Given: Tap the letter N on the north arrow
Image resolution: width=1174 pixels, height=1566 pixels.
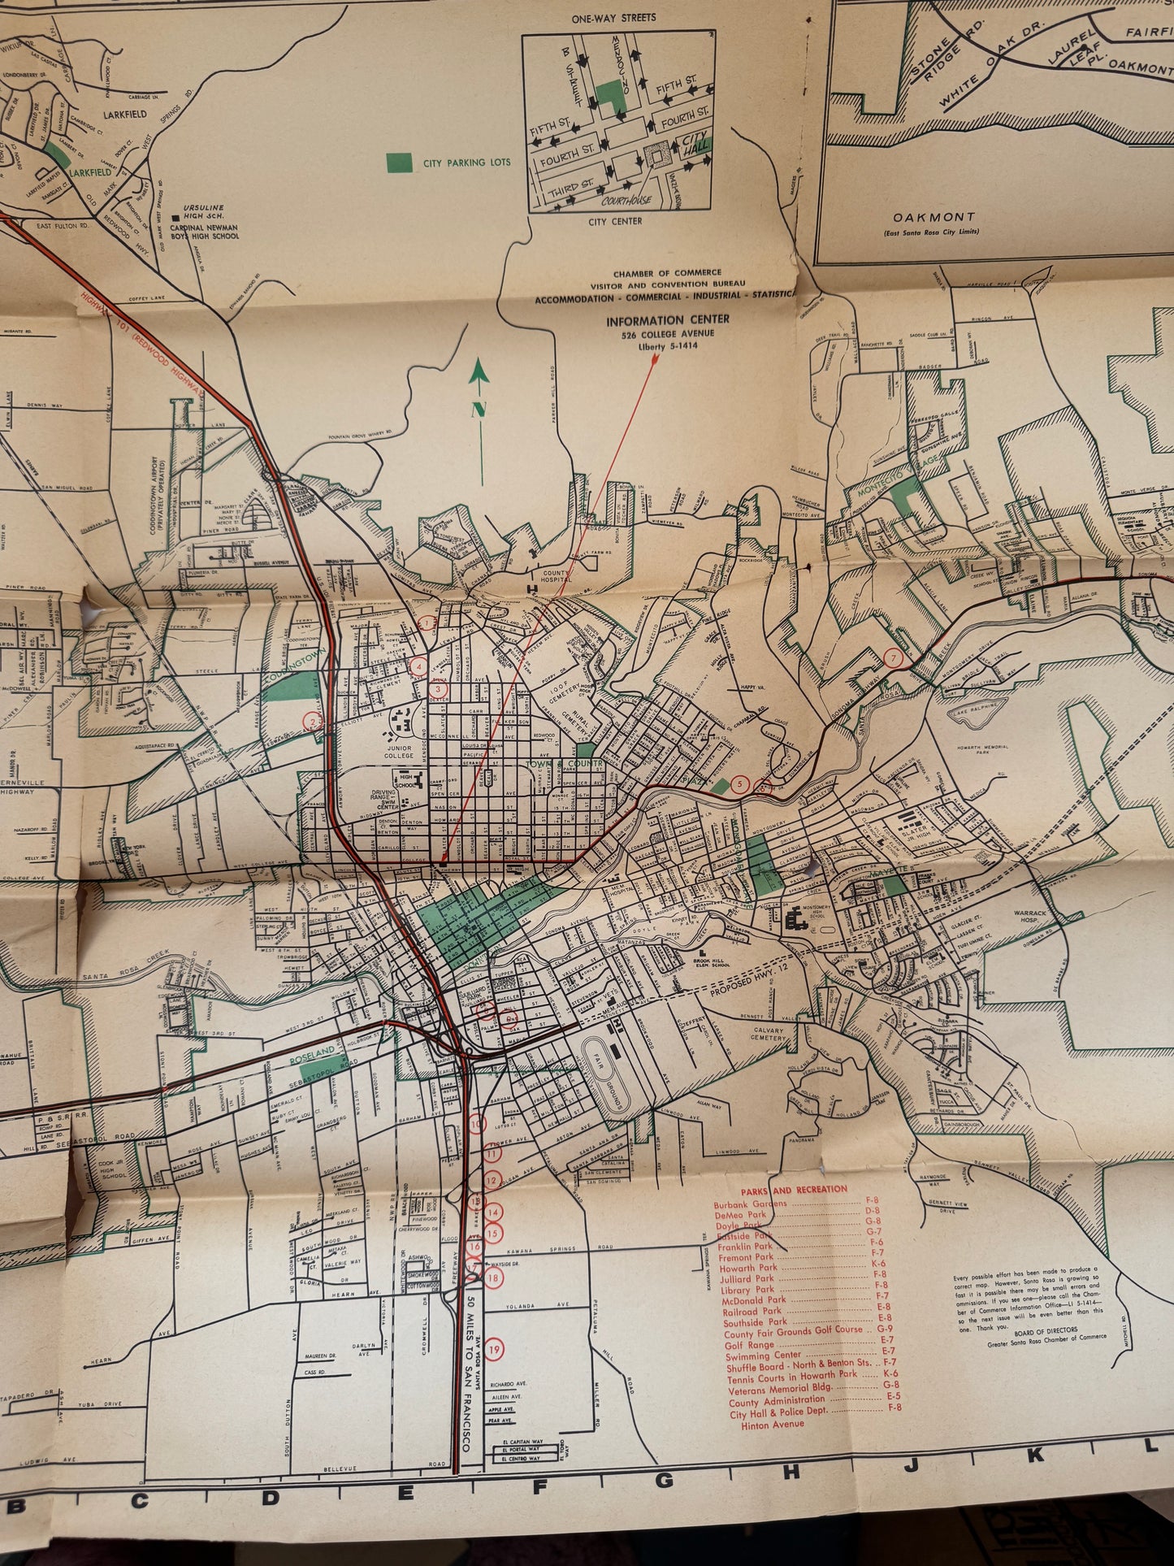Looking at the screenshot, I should pyautogui.click(x=479, y=410).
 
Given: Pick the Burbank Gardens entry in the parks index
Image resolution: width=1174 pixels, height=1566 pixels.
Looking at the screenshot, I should pyautogui.click(x=751, y=1204).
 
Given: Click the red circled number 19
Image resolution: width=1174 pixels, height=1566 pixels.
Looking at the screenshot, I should pyautogui.click(x=496, y=1350).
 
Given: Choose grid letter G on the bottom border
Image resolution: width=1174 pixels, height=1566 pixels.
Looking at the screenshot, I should pyautogui.click(x=664, y=1481).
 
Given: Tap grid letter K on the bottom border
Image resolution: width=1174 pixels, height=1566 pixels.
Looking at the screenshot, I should pyautogui.click(x=1035, y=1456).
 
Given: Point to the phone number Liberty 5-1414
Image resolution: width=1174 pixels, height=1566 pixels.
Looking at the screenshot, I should pyautogui.click(x=669, y=347).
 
